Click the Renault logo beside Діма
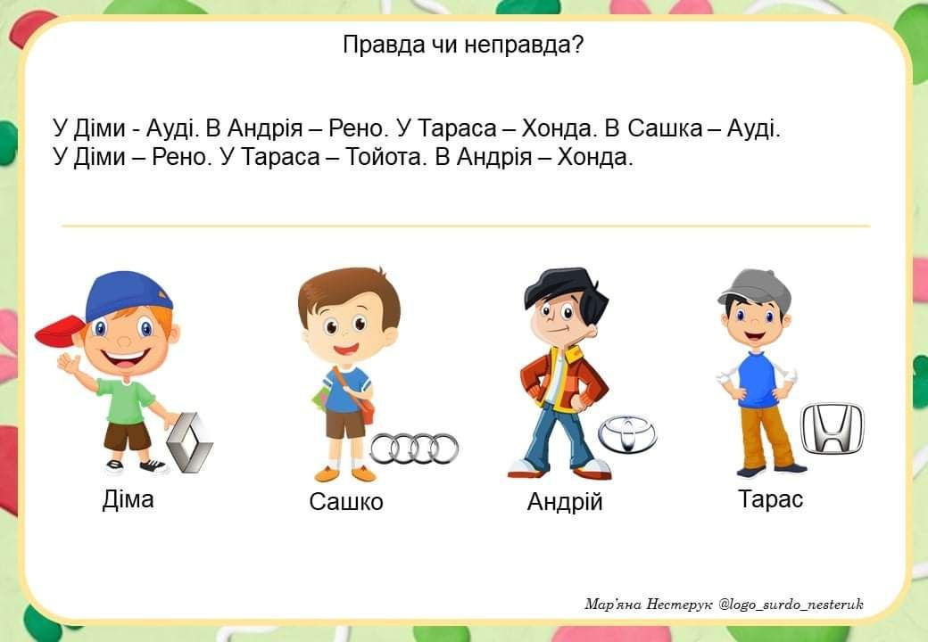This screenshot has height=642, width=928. tap(189, 442)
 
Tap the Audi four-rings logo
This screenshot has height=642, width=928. tap(414, 449)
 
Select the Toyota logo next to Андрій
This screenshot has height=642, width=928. tap(627, 433)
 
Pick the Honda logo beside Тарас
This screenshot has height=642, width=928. tap(833, 429)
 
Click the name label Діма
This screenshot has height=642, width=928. tap(128, 499)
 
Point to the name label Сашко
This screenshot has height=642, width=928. tap(346, 501)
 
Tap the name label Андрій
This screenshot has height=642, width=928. tap(565, 501)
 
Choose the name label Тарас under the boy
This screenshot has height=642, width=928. tap(771, 499)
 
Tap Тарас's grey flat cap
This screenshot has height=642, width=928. tap(756, 290)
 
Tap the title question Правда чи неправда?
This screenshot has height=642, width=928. tap(463, 45)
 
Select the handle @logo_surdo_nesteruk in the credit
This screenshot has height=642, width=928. tap(791, 605)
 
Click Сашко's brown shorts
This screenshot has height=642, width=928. tap(346, 423)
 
